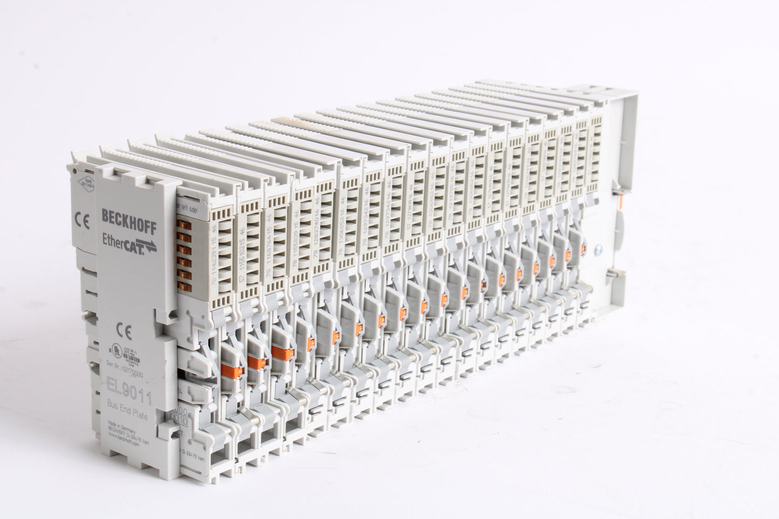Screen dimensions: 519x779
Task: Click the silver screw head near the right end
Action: point(598,250)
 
